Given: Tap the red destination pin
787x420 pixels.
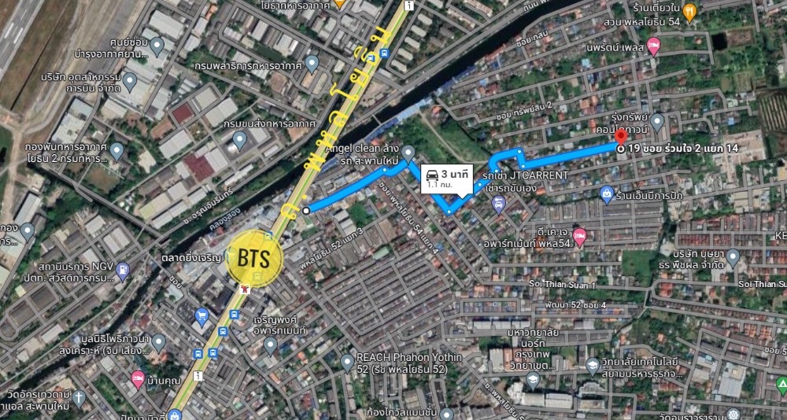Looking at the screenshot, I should [622, 140].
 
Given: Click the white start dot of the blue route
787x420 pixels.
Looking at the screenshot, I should [305, 210].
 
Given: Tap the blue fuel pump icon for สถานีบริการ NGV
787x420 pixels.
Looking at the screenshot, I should [123, 271].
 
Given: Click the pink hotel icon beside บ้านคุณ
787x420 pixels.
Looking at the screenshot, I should [138, 378].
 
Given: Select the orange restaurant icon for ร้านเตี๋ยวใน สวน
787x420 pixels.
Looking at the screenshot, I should [689, 11].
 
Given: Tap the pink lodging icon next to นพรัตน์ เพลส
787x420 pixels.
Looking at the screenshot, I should [652, 48].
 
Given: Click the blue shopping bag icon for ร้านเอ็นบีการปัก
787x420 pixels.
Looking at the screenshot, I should [607, 193].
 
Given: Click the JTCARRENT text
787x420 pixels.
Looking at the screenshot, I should [538, 175].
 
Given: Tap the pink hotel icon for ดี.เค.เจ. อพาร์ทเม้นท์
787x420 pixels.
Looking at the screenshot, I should [580, 234].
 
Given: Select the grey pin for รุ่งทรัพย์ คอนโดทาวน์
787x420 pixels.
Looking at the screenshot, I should [657, 120].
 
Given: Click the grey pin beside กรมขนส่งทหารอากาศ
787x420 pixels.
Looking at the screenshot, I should [239, 140].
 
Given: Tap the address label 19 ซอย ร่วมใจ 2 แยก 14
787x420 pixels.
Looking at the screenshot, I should [683, 148].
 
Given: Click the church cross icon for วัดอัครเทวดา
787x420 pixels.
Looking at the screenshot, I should [79, 394].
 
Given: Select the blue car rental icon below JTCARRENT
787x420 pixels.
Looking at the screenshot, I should [497, 205].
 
